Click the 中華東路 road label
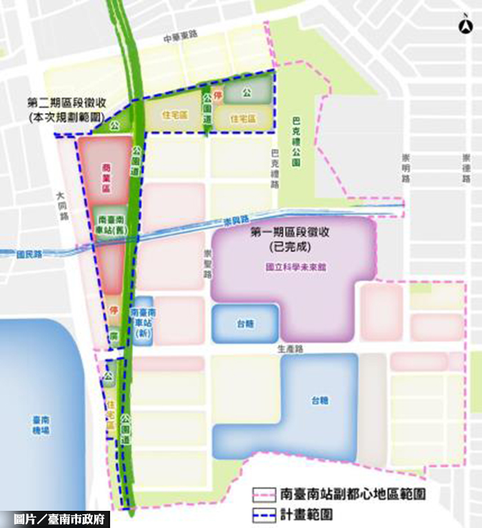(x=180, y=40)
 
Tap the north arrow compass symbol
(x=465, y=27)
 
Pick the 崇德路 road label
(x=468, y=168)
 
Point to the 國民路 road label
(x=30, y=254)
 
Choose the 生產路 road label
(x=292, y=349)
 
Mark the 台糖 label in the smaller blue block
(x=244, y=322)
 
